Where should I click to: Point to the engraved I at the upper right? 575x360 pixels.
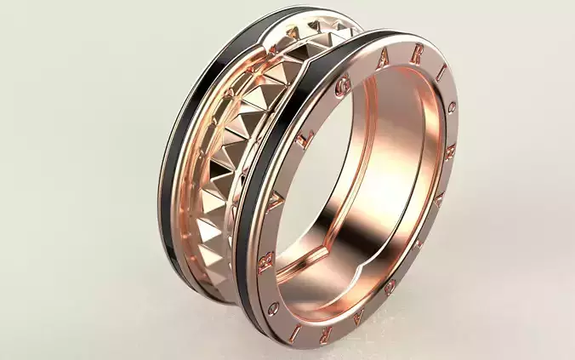[x=441, y=78]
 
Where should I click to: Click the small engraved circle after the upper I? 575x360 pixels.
[x=452, y=106]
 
